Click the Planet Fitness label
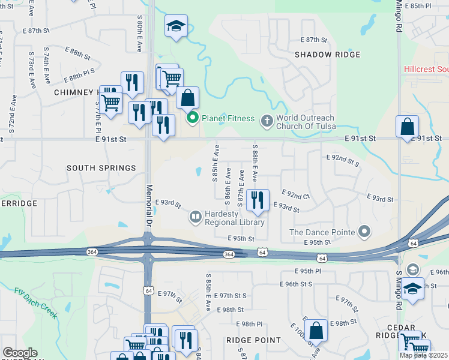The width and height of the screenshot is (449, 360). [x=228, y=118]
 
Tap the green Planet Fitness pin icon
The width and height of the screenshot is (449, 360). [x=193, y=118]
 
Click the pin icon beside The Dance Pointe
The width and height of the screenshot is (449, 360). [x=364, y=232]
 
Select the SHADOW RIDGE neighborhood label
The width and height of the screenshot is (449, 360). [x=327, y=55]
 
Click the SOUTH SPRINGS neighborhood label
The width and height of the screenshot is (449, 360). [x=101, y=168]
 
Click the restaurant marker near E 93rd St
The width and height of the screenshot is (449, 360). [x=258, y=200]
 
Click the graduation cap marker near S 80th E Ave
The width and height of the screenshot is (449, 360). [x=176, y=26]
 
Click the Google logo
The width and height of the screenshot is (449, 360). [x=20, y=353]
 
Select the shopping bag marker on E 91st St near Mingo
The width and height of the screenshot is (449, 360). [x=407, y=127]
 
